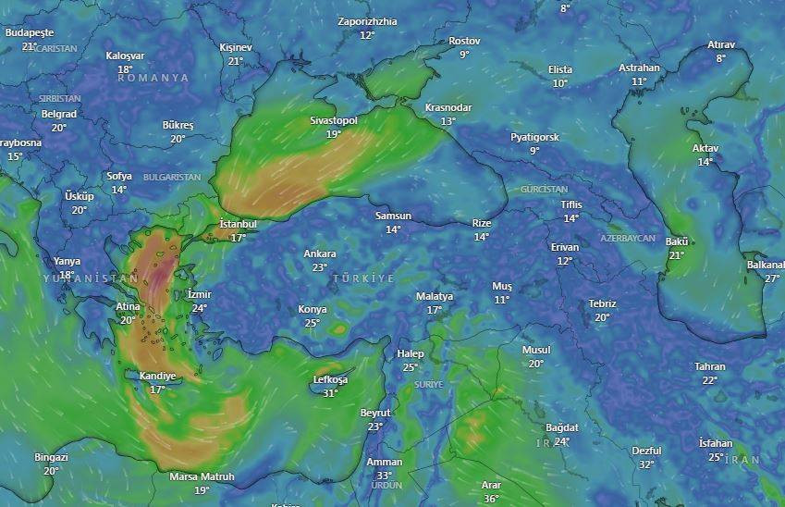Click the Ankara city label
(320, 253)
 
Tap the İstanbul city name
(238, 224)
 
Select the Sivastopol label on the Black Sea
(334, 120)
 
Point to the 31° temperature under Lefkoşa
(330, 393)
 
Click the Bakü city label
(676, 241)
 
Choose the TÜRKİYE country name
(363, 278)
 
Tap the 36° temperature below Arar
(490, 499)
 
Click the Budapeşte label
(30, 31)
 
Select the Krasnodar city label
(448, 107)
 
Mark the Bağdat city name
(561, 427)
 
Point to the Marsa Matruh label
(202, 477)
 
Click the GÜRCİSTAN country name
(544, 189)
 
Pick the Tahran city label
(710, 366)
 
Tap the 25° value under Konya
(312, 323)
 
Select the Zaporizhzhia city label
(367, 21)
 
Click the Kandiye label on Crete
(157, 376)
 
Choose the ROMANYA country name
(153, 79)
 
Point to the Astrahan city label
(639, 68)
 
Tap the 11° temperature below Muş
(502, 300)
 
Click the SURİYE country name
(428, 384)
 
